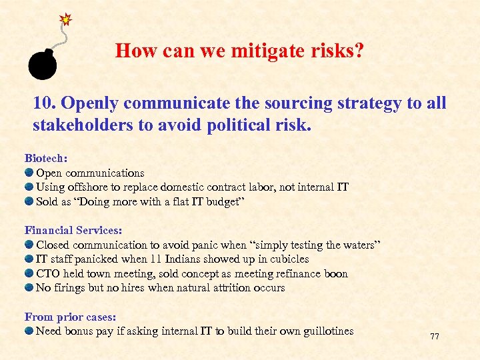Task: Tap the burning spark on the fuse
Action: (x=66, y=19)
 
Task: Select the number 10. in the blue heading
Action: (x=45, y=103)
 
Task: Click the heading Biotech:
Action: (x=46, y=158)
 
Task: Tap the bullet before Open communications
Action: (x=29, y=173)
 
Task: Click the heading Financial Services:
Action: (x=73, y=230)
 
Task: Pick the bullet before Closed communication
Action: (x=29, y=245)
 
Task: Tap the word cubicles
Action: (x=288, y=259)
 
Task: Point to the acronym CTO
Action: (x=48, y=273)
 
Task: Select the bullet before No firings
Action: (x=29, y=288)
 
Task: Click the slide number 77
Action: (x=435, y=337)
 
